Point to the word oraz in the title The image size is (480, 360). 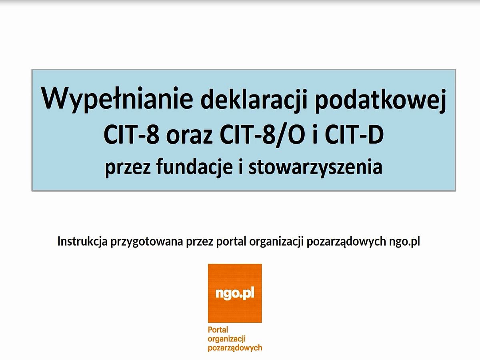click(x=189, y=136)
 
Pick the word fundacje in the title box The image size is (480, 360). click(x=194, y=168)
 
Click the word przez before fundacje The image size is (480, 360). click(x=128, y=169)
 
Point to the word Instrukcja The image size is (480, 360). click(x=82, y=242)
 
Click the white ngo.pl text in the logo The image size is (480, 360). click(x=235, y=294)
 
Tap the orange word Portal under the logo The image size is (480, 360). click(x=218, y=329)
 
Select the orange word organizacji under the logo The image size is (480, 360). click(x=226, y=339)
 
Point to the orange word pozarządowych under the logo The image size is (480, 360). click(x=235, y=348)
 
